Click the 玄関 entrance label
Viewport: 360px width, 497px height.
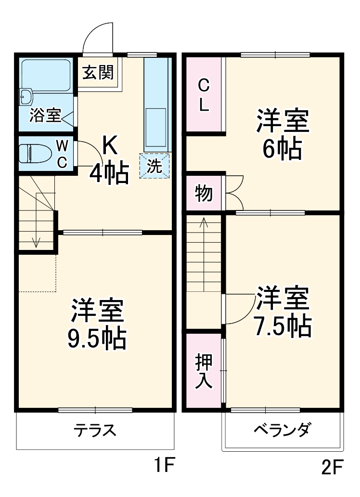(98, 73)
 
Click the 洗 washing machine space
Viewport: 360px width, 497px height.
(154, 166)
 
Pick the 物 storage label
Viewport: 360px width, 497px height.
(204, 193)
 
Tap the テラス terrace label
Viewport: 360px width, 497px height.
(95, 429)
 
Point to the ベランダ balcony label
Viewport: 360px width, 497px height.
(283, 429)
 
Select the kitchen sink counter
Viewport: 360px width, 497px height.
(156, 104)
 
